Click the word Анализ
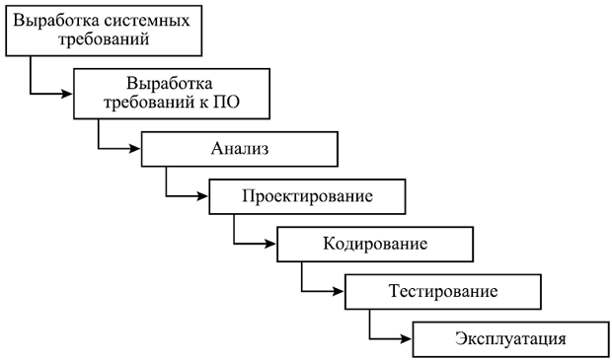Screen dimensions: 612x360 pos(240,149)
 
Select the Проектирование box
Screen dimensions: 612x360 pos(307,196)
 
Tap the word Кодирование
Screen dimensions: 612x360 pos(375,245)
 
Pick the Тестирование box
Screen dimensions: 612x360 pos(443,292)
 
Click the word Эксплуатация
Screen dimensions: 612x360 pos(510,339)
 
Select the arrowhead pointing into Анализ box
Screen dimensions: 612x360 pos(134,149)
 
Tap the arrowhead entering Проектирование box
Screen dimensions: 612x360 pos(202,196)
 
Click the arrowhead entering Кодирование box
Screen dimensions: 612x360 pos(270,245)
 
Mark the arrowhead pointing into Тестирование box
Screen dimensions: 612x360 pos(338,291)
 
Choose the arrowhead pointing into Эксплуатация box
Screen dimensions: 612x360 pos(406,339)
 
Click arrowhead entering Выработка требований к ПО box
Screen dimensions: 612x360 pos(67,94)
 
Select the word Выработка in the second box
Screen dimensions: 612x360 pos(170,84)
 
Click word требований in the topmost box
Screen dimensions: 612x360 pos(104,39)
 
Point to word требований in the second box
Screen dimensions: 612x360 pos(148,103)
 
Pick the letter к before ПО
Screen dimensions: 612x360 pos(204,104)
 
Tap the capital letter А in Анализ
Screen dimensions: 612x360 pos(216,149)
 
